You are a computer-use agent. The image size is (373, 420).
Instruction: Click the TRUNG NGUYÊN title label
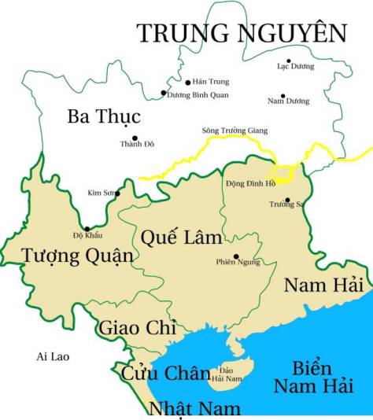[x=242, y=33]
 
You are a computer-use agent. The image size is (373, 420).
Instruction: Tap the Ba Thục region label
[x=103, y=117]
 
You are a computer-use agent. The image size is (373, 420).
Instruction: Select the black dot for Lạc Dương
[x=288, y=61]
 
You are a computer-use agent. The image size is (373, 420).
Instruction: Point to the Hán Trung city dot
[x=187, y=82]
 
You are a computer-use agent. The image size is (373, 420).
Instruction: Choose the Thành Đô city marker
[x=135, y=138]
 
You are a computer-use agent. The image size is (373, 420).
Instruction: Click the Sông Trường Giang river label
[x=235, y=130]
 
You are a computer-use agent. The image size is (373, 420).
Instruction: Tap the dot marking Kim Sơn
[x=118, y=193]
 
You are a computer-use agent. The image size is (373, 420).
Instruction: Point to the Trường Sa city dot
[x=287, y=200]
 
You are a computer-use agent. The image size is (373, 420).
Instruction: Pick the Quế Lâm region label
[x=181, y=237]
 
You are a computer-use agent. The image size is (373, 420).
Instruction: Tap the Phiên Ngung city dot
[x=236, y=256]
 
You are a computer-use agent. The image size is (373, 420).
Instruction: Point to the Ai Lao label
[x=53, y=357]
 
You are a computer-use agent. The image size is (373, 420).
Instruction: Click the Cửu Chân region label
[x=165, y=374]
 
